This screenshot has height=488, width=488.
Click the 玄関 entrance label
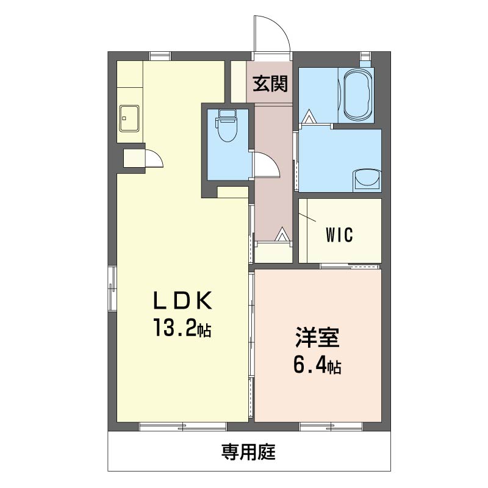point(270,84)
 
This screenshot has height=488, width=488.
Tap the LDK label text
point(183,300)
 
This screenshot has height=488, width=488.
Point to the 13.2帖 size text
point(182,328)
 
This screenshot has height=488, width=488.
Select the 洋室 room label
point(317,337)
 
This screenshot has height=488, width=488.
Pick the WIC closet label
point(340,235)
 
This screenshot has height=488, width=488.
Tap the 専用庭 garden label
point(248,452)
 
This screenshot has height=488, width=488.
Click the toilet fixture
point(227,126)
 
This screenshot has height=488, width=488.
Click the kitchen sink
point(129,118)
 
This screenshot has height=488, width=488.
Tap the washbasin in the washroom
point(367,180)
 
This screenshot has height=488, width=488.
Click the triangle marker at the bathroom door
point(310,117)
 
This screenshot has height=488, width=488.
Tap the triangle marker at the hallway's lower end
point(282,234)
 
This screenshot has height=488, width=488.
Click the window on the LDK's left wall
point(112,289)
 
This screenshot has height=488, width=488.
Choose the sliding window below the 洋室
point(331,426)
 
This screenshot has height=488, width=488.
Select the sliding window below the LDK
point(183,426)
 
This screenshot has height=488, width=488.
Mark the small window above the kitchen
point(160,56)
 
